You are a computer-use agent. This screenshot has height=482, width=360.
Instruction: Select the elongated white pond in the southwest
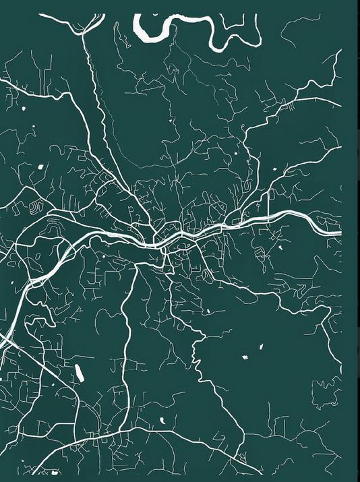pyautogui.click(x=78, y=371)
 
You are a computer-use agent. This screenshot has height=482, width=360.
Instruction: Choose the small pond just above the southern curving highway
pyautogui.click(x=162, y=422)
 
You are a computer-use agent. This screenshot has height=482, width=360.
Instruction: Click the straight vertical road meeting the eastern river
pyautogui.click(x=268, y=202)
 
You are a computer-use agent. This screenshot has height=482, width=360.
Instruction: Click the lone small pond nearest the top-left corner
pyautogui.click(x=22, y=109)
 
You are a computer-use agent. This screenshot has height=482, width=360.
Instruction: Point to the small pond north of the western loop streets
pyautogui.click(x=40, y=167)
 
